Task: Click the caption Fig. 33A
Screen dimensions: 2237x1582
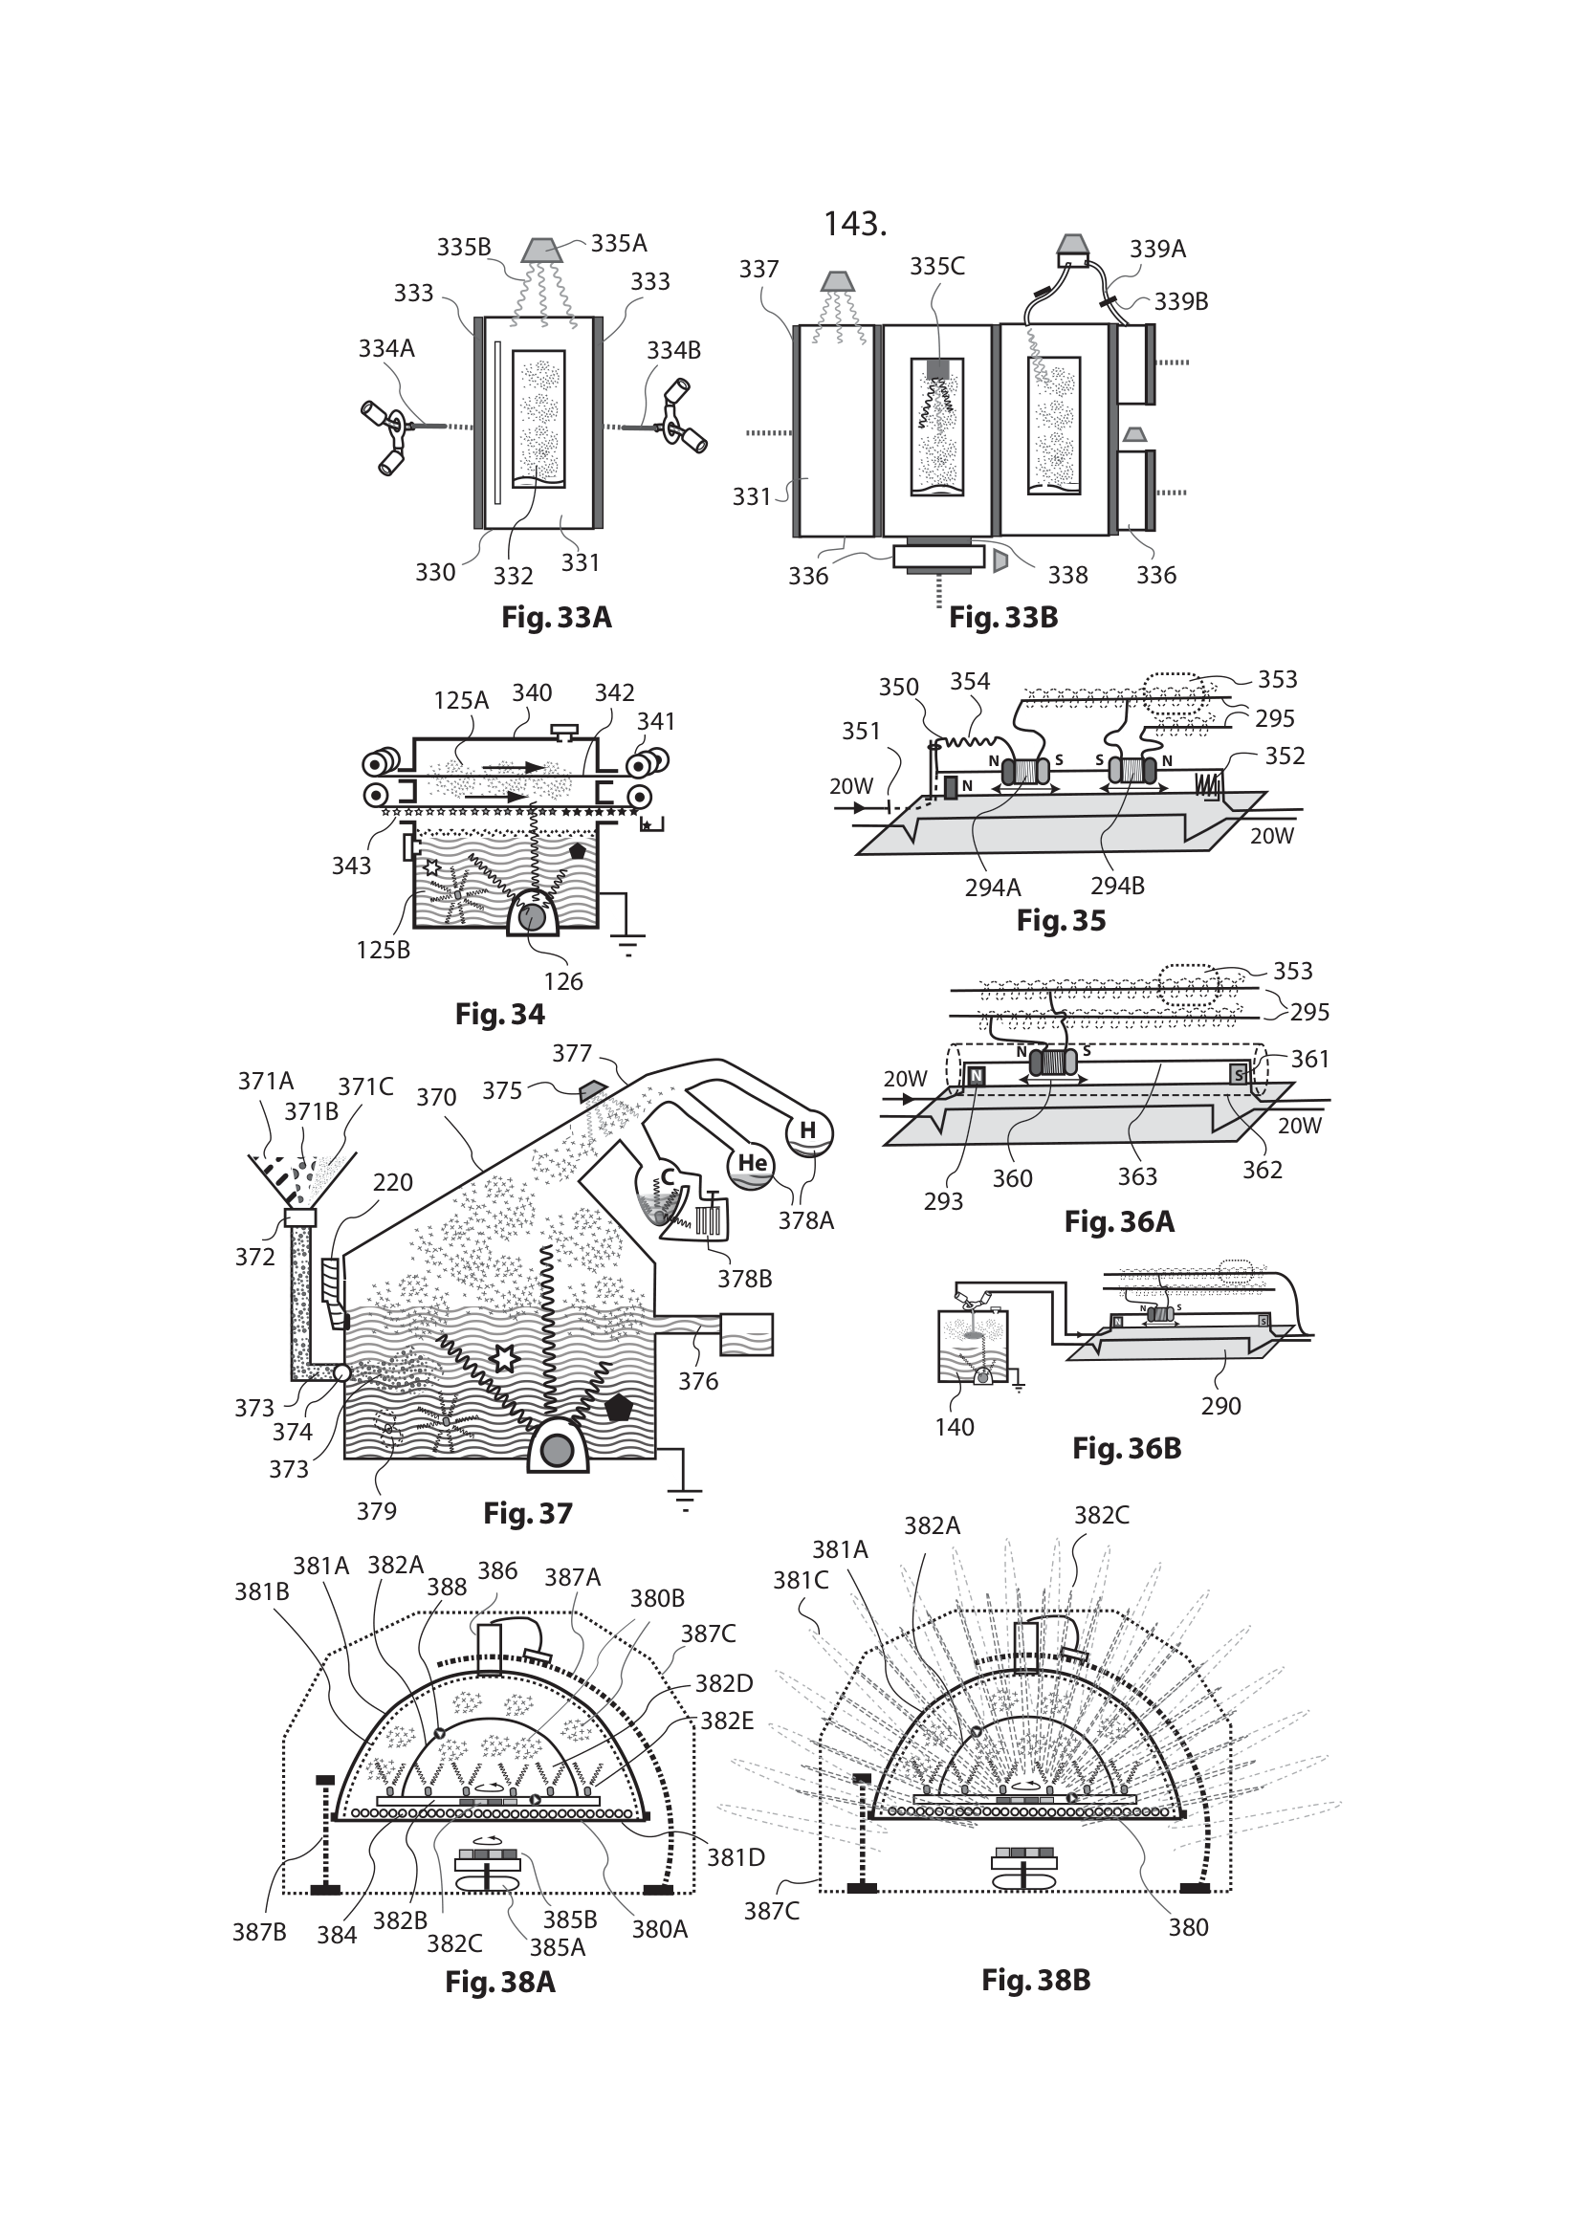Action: tap(557, 618)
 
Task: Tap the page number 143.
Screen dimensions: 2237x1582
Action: tap(854, 225)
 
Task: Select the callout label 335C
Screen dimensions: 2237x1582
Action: tap(937, 267)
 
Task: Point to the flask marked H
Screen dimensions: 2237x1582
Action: tap(808, 1132)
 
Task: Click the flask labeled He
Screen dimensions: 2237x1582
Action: tap(752, 1164)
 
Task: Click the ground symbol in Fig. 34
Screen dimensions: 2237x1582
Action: tap(628, 943)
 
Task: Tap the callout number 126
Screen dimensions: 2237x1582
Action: tap(563, 981)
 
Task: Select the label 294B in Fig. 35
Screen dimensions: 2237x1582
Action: tap(1116, 887)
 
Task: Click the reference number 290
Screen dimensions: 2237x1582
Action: tap(1220, 1406)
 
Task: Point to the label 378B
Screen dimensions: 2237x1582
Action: tap(744, 1279)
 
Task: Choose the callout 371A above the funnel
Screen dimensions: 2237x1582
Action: tap(265, 1082)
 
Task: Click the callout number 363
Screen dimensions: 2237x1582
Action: tap(1137, 1177)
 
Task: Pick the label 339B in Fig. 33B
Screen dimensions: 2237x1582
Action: tap(1180, 302)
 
